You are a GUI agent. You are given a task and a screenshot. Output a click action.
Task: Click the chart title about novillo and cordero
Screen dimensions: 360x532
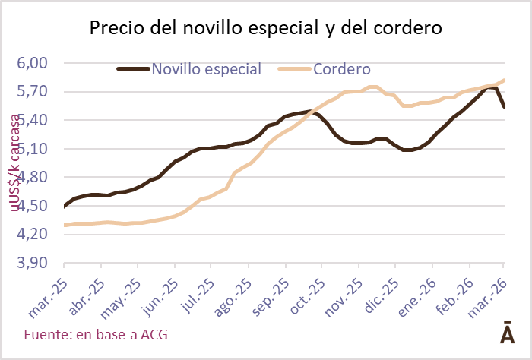point(266,29)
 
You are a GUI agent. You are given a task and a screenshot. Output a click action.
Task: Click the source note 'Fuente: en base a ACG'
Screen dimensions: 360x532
point(96,334)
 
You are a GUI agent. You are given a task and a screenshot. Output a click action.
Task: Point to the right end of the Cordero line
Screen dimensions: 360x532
point(505,81)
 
